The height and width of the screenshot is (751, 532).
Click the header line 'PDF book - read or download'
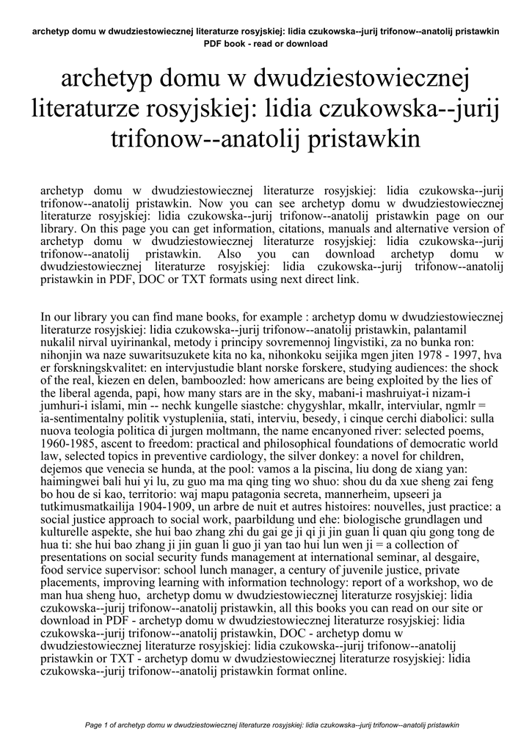pos(266,44)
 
